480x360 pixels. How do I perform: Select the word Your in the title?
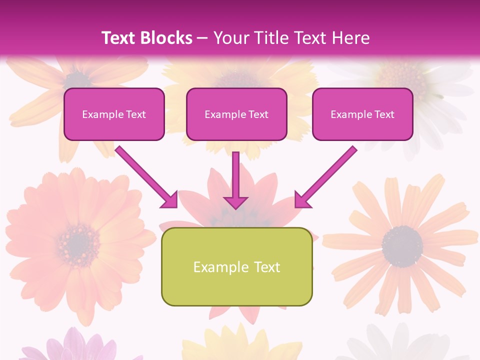click(x=229, y=38)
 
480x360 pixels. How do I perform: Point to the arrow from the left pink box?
click(x=145, y=175)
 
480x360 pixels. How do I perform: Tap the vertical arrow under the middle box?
click(x=235, y=175)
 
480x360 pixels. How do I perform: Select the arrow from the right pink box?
click(x=327, y=175)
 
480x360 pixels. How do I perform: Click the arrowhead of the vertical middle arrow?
click(x=235, y=202)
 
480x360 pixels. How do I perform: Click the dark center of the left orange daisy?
click(x=77, y=242)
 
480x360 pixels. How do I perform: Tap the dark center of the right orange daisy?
click(x=402, y=245)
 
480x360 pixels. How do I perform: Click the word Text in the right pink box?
click(x=384, y=114)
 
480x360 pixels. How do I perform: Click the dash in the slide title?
click(x=202, y=38)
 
